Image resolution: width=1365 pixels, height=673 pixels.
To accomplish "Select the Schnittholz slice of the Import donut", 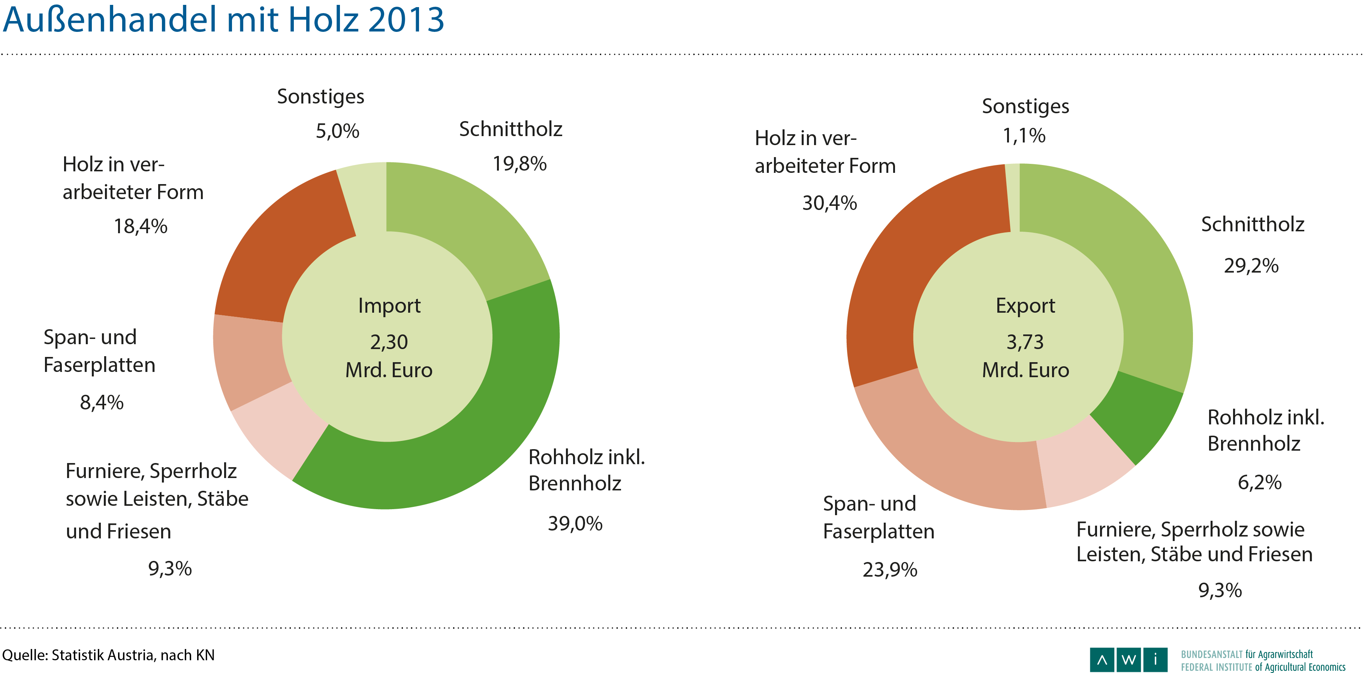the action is pos(466,223).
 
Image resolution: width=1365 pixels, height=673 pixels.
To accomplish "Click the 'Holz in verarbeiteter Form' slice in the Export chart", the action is pos(911,265).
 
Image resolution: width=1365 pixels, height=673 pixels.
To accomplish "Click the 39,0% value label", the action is pos(575,523).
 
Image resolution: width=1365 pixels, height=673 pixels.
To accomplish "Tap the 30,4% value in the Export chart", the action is pos(829,203).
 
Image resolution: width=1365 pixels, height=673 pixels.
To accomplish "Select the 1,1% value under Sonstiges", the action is pos(1024,136).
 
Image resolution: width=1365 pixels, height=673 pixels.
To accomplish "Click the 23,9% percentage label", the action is pos(890,570).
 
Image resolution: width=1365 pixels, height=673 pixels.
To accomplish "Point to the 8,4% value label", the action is pos(102,403).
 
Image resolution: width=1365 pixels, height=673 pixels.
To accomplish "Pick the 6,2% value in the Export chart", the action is pos(1260,482).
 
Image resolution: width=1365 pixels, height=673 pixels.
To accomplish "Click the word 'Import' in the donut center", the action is pos(389,306).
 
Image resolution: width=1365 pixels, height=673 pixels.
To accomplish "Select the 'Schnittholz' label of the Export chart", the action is pos(1253,224).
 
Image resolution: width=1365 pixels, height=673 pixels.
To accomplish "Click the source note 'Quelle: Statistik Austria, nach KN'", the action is pos(109,655).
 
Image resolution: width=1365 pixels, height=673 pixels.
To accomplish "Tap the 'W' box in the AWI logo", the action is pos(1129,660).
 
